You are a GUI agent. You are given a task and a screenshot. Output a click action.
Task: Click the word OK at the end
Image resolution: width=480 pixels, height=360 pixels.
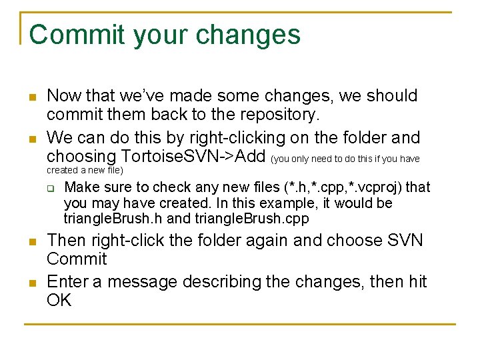point(59,301)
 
